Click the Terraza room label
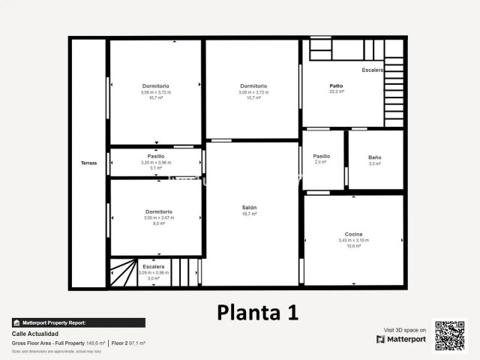[x=89, y=163]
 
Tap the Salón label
[x=250, y=208]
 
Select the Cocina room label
[x=353, y=234]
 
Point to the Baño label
[x=374, y=157]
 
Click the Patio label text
[x=336, y=85]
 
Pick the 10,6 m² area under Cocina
[x=353, y=246]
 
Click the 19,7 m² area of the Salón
[x=250, y=214]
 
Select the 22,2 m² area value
[x=336, y=91]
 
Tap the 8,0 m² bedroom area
[x=156, y=223]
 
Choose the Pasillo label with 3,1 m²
[x=156, y=156]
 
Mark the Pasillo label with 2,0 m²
[x=321, y=156]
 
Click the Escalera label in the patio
[x=372, y=70]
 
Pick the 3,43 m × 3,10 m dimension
[x=353, y=240]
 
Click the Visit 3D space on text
[x=405, y=330]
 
